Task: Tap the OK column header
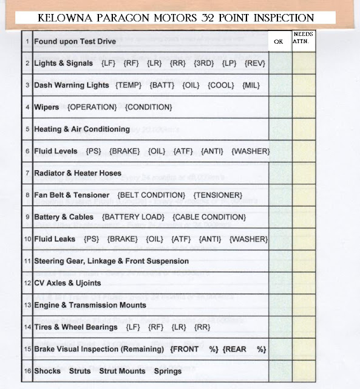tap(279, 42)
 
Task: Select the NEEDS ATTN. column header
tap(303, 38)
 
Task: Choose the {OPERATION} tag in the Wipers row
tap(92, 107)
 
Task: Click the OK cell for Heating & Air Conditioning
tap(280, 129)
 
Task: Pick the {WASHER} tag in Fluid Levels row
tap(251, 151)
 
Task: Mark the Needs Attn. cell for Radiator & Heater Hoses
tap(304, 173)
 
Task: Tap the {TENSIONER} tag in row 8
tap(218, 195)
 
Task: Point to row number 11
tap(27, 261)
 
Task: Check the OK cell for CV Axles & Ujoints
tap(280, 283)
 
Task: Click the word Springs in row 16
tap(168, 371)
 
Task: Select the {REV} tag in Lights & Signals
tap(254, 63)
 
